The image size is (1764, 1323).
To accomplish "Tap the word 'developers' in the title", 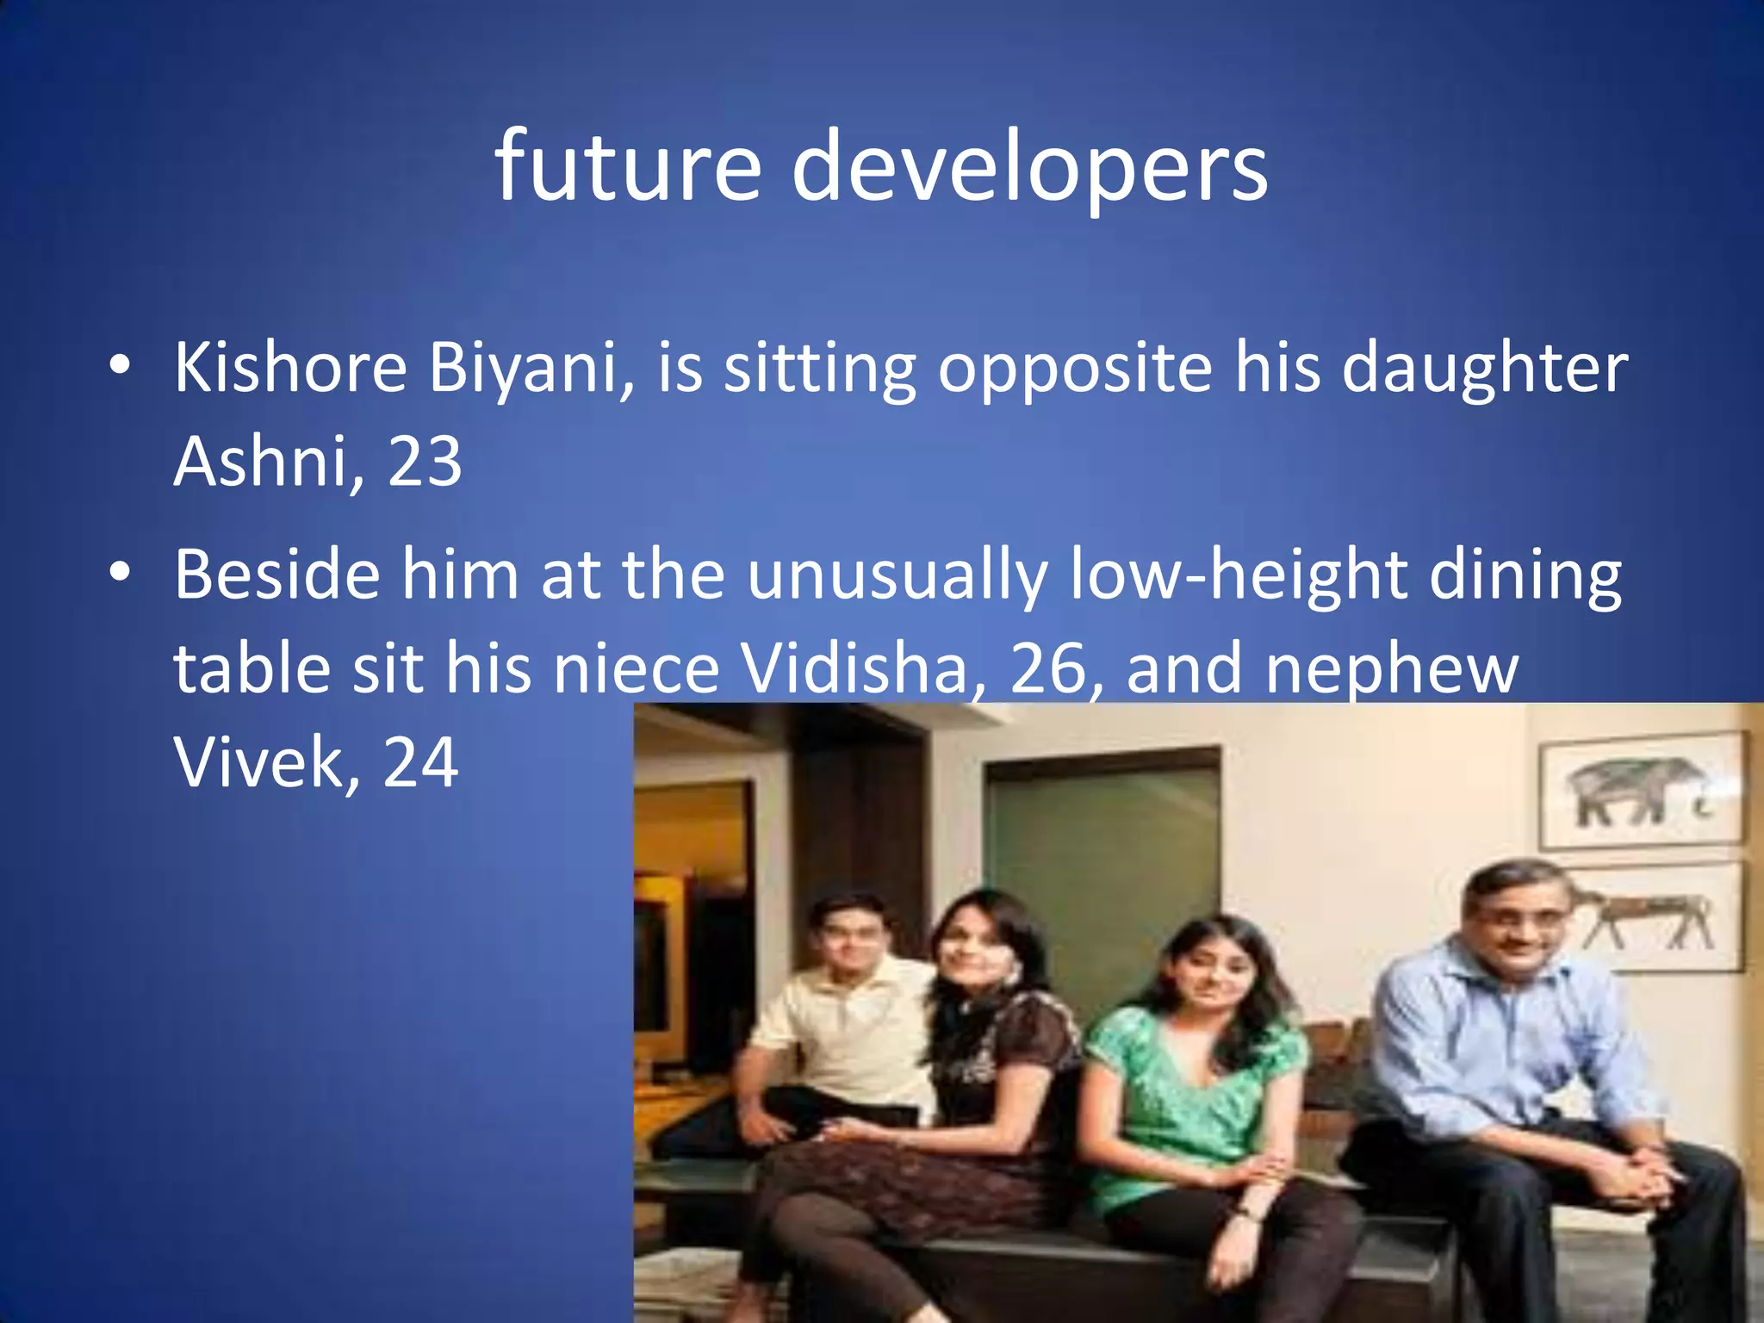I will [1029, 167].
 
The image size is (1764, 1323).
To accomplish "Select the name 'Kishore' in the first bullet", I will [290, 368].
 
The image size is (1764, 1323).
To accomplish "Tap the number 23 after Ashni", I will [425, 462].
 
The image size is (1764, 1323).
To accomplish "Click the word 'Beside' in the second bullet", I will [277, 575].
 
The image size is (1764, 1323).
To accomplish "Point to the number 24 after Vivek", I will [420, 761].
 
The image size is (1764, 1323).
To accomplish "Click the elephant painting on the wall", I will [1641, 789].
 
